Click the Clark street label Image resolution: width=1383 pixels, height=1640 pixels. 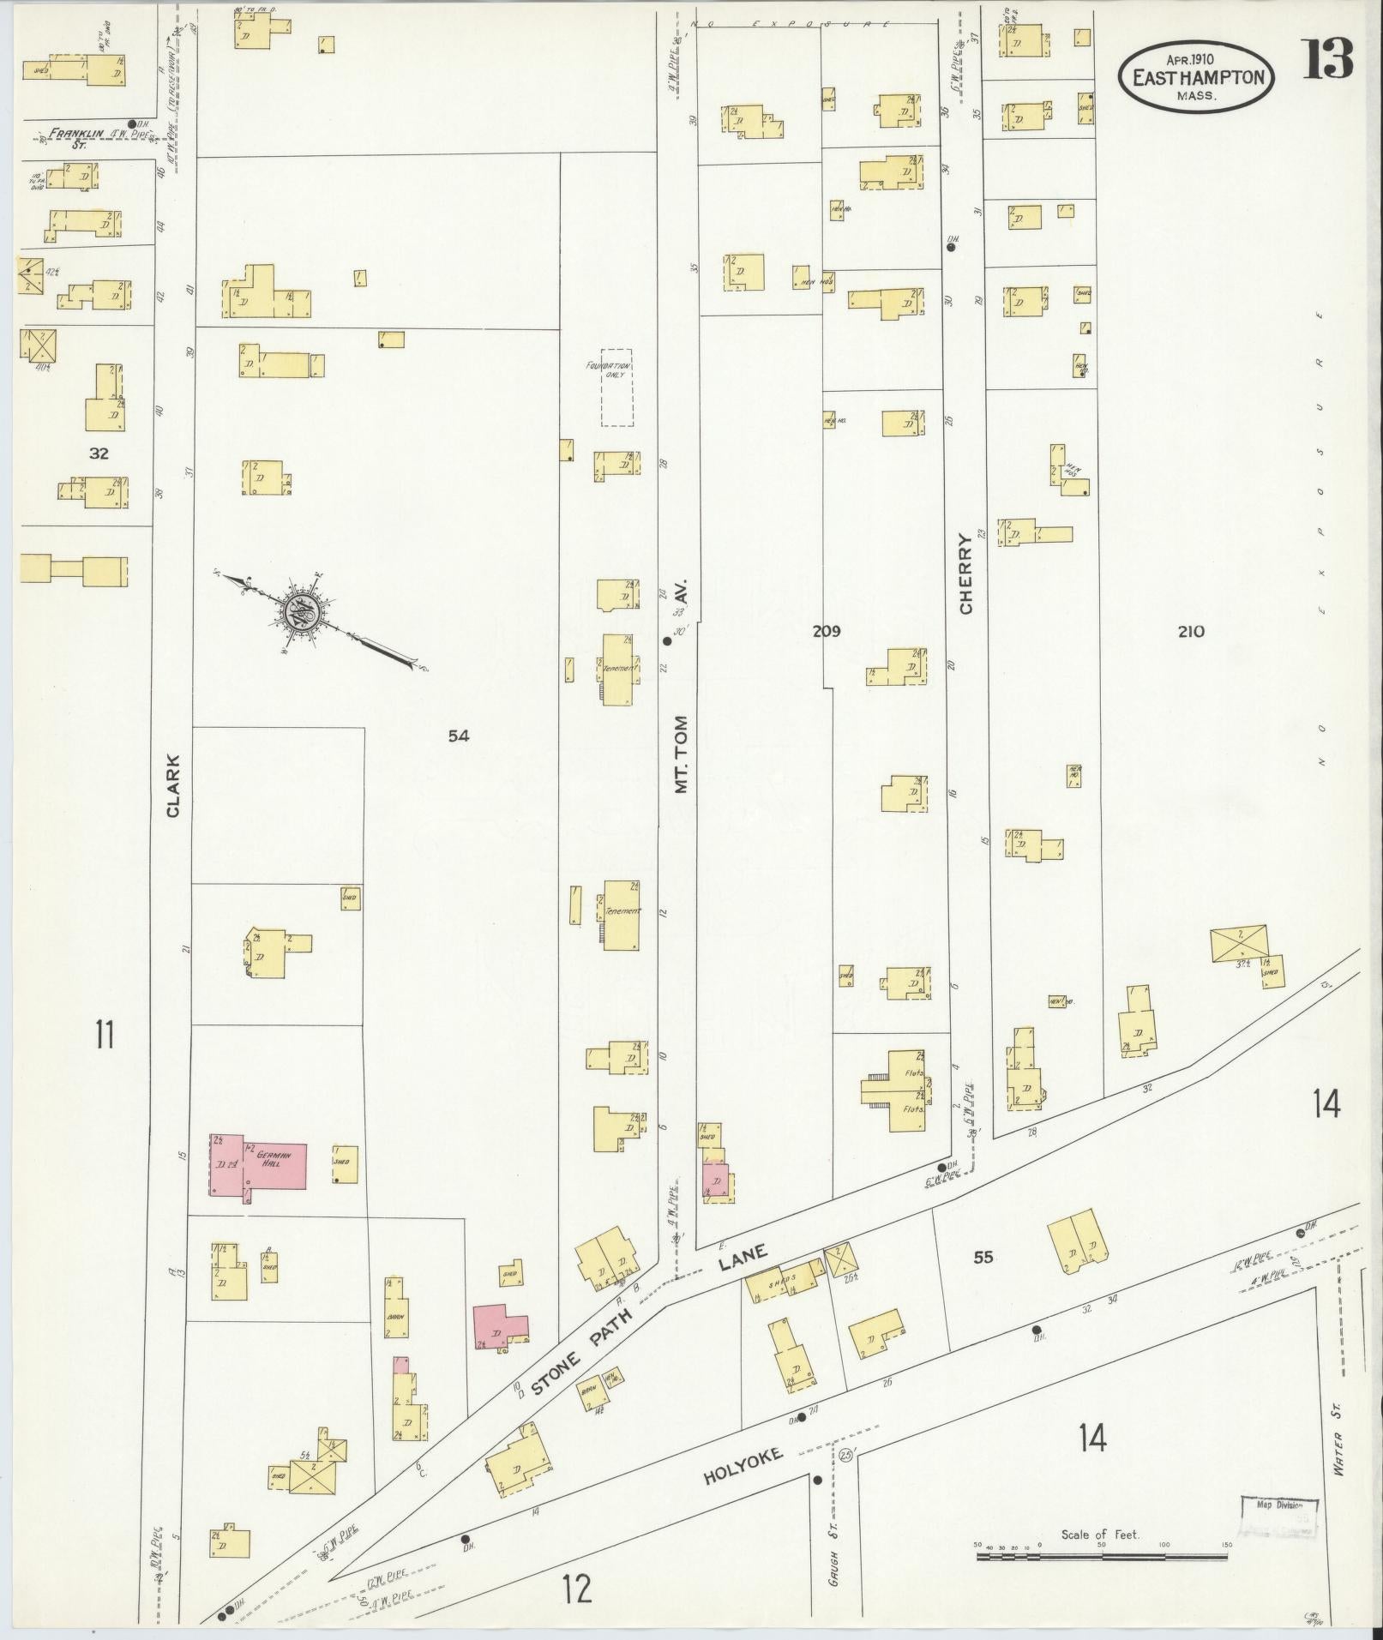coord(174,785)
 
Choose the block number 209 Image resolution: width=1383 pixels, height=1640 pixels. coord(827,632)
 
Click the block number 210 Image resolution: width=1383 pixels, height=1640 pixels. coord(1191,632)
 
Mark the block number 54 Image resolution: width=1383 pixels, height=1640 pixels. coord(459,735)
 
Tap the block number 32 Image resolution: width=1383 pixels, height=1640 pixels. coord(99,453)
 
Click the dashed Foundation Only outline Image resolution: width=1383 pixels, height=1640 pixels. coord(616,387)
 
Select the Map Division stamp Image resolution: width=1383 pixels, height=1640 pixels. coord(1279,1517)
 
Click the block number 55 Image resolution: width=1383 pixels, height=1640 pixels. coord(983,1258)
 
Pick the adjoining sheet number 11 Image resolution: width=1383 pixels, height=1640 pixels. coord(105,1036)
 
